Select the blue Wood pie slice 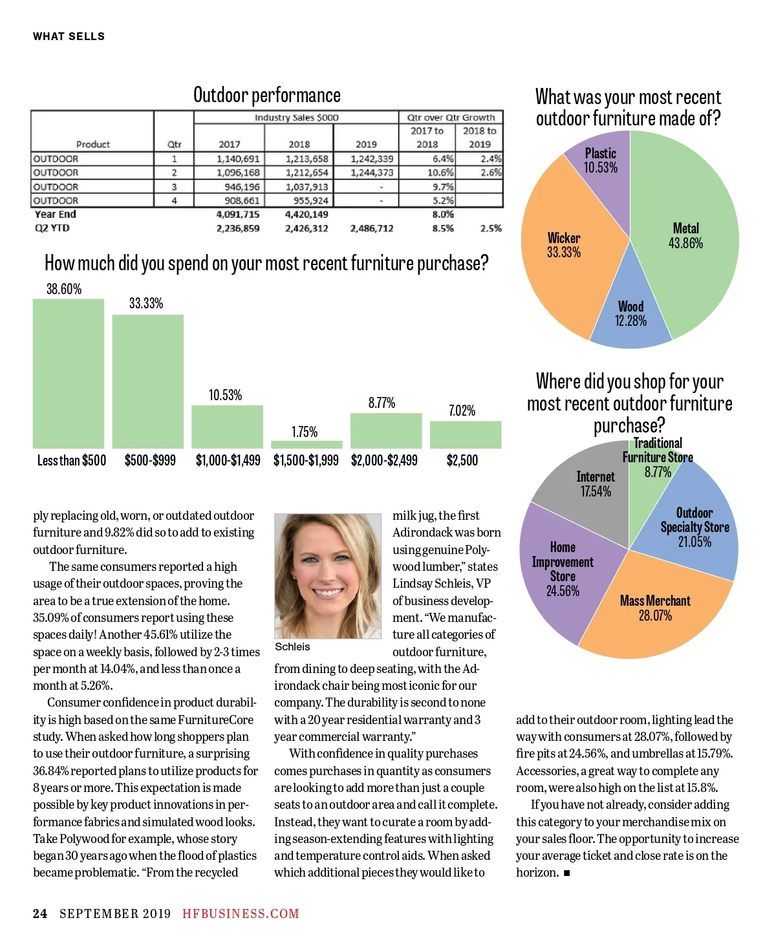coord(631,314)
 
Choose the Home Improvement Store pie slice coord(561,569)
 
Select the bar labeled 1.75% coord(306,444)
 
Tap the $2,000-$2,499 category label coord(384,460)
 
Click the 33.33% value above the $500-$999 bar coord(146,303)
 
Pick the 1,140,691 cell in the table coord(238,158)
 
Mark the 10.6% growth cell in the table coord(440,173)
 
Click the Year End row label coord(56,214)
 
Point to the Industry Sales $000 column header coord(296,118)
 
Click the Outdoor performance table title coord(267,95)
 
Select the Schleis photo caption coord(292,646)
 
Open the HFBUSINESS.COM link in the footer coord(241,914)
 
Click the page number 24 coord(40,914)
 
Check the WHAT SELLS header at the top coord(69,36)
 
